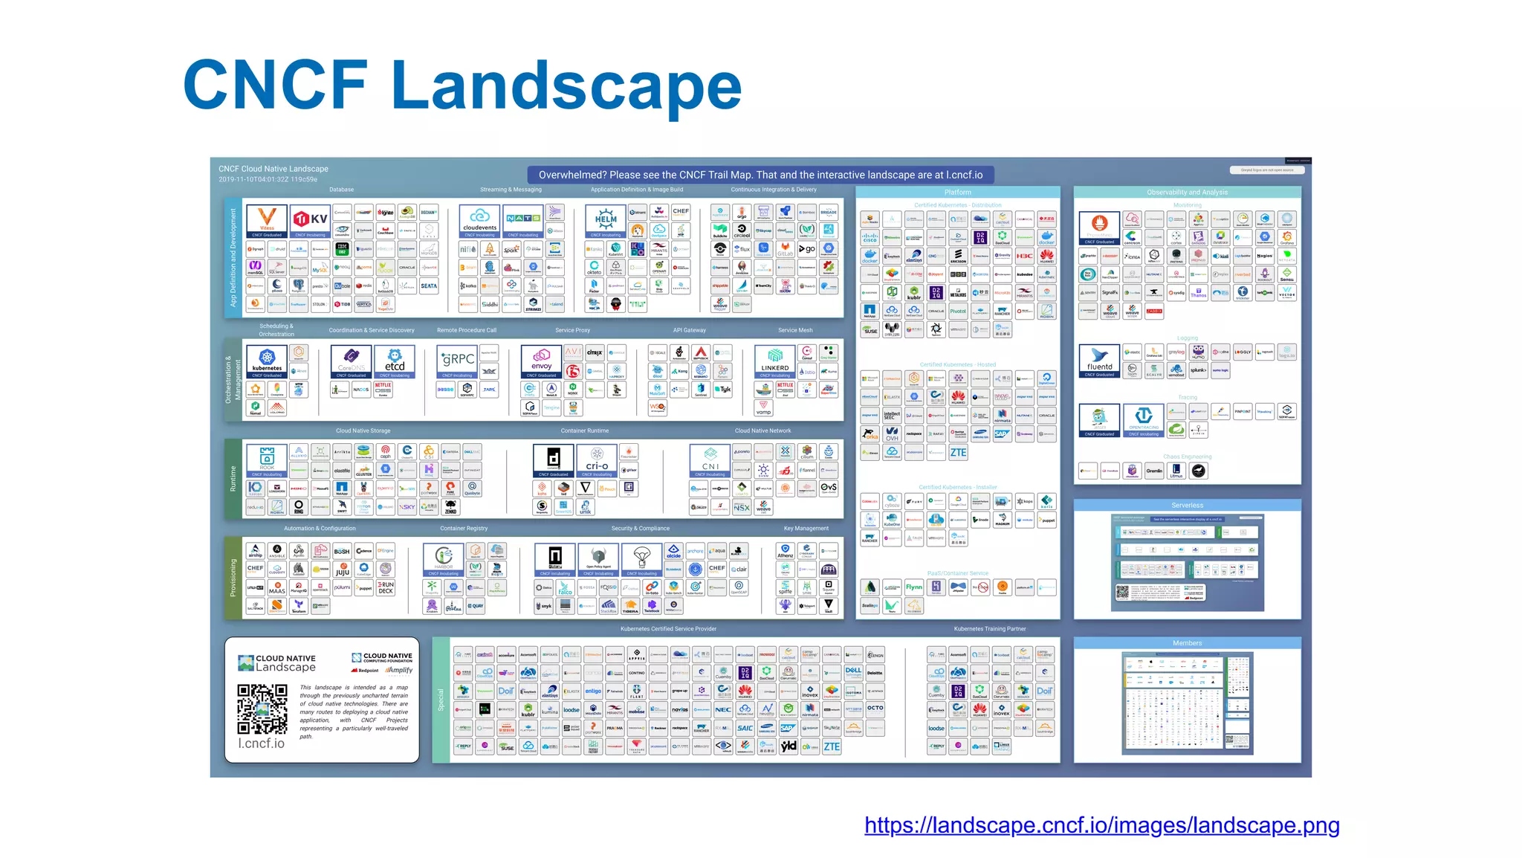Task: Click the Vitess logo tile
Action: pos(267,221)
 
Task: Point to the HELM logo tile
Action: pos(606,221)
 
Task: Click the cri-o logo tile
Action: pos(597,461)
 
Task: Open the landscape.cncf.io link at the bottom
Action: pos(1101,825)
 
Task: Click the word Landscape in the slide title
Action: pos(566,86)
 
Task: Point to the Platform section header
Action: pos(957,192)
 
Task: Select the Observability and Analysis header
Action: pos(1187,192)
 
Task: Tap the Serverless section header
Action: pos(1187,505)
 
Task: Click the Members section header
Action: pos(1187,643)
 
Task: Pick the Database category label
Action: pos(342,190)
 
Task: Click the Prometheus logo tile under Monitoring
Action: pos(1099,228)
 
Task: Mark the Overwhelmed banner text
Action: pos(760,175)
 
